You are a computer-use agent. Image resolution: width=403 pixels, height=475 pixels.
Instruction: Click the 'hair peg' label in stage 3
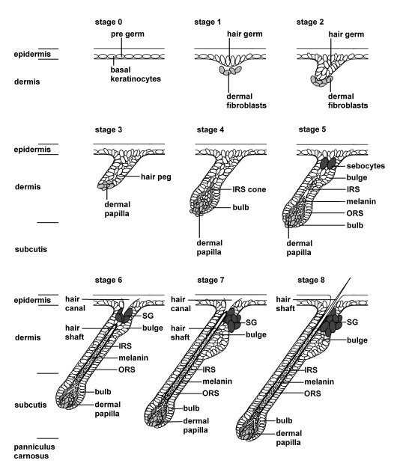pos(157,177)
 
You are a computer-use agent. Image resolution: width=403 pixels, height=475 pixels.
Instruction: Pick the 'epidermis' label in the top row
pos(31,55)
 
